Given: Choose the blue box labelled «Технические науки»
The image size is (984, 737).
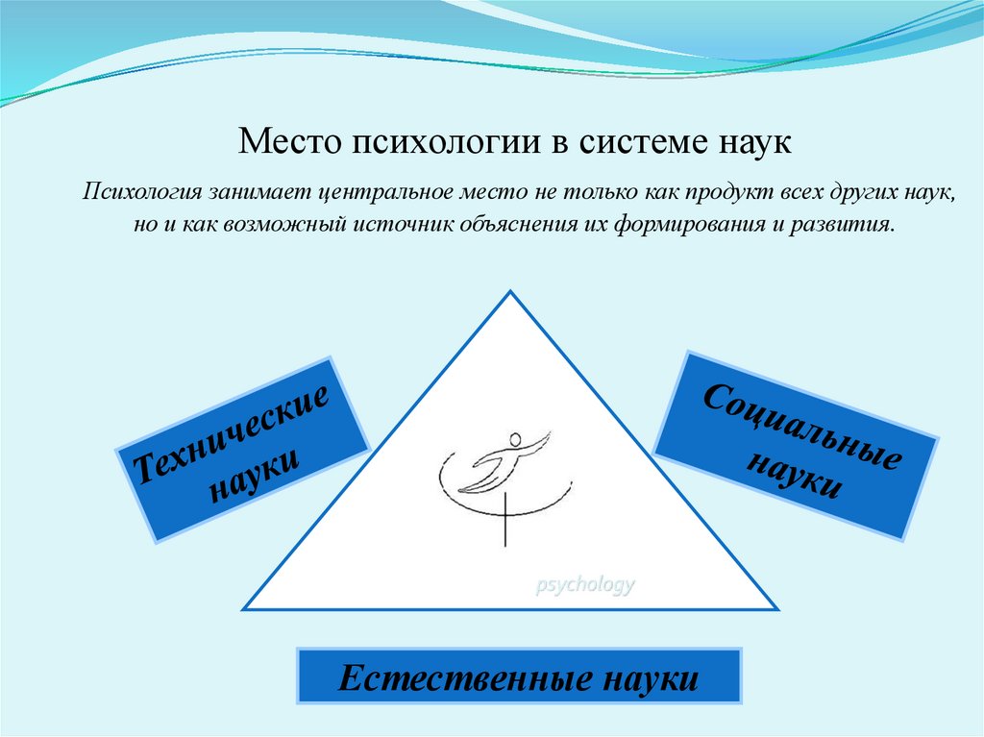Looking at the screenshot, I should [241, 448].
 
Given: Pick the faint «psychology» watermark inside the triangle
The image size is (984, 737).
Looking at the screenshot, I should [584, 585].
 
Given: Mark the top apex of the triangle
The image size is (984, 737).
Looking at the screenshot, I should [510, 292].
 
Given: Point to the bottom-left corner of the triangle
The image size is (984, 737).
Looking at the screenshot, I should [244, 609].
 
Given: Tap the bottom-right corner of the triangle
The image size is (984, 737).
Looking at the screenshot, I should [776, 609].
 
